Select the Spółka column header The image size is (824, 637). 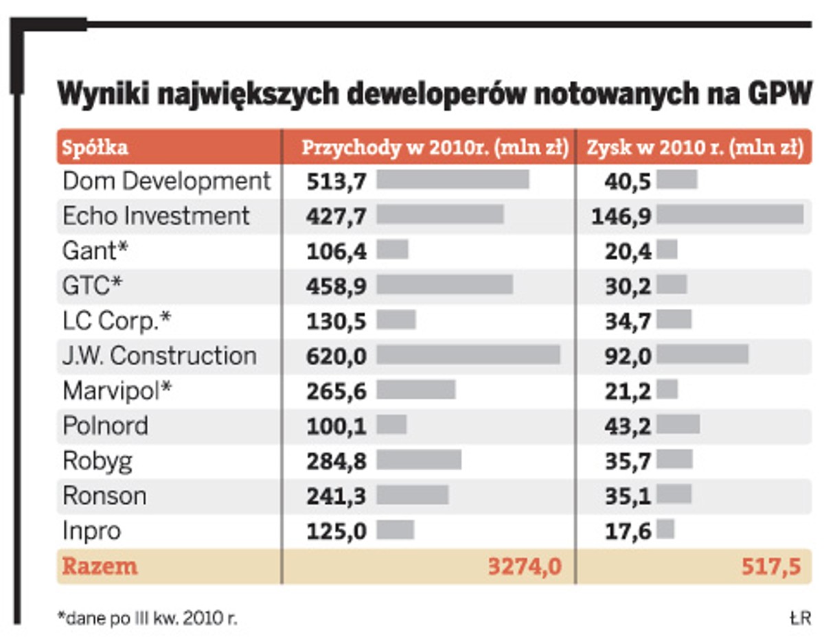pyautogui.click(x=95, y=148)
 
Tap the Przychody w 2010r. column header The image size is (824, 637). pyautogui.click(x=435, y=148)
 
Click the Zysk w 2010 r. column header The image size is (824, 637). pyautogui.click(x=694, y=148)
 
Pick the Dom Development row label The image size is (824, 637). pyautogui.click(x=167, y=181)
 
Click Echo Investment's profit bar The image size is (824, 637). pyautogui.click(x=730, y=215)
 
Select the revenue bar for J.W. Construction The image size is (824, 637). pyautogui.click(x=468, y=355)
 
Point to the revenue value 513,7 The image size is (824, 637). pyautogui.click(x=336, y=181)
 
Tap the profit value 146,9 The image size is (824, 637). pyautogui.click(x=621, y=216)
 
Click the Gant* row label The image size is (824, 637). pyautogui.click(x=95, y=251)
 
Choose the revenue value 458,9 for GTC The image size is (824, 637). pyautogui.click(x=336, y=286)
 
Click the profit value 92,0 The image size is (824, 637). pyautogui.click(x=628, y=356)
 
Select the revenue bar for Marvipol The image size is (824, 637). pyautogui.click(x=415, y=390)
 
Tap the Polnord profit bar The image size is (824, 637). pyautogui.click(x=678, y=425)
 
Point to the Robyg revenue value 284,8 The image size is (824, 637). pyautogui.click(x=336, y=461)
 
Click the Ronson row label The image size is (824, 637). pyautogui.click(x=104, y=495)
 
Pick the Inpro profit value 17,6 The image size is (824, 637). pyautogui.click(x=628, y=531)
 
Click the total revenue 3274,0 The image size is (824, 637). pyautogui.click(x=525, y=566)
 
